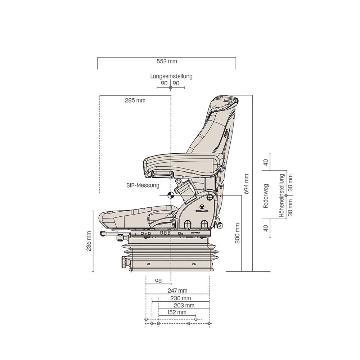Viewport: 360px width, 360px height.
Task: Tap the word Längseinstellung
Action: pyautogui.click(x=171, y=76)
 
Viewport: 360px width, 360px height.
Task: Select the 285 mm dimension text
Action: pyautogui.click(x=135, y=100)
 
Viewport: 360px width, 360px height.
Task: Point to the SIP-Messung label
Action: pyautogui.click(x=143, y=186)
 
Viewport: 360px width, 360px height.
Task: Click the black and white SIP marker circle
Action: pyautogui.click(x=170, y=195)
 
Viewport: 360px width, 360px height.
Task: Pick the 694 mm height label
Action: pyautogui.click(x=246, y=184)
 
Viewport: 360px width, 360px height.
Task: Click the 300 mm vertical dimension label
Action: pyautogui.click(x=237, y=233)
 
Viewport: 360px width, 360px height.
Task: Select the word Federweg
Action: pyautogui.click(x=266, y=196)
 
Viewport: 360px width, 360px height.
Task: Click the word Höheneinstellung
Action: pyautogui.click(x=282, y=195)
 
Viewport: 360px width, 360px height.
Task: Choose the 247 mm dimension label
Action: pyautogui.click(x=177, y=291)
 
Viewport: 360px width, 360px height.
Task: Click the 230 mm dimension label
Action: pyautogui.click(x=181, y=298)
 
